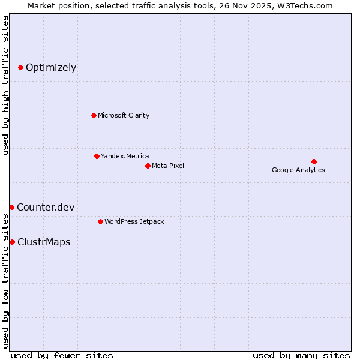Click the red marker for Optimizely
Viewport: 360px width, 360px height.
pos(20,67)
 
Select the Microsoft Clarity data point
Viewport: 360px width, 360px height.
pos(94,115)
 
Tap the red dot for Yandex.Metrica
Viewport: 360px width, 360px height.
pos(97,156)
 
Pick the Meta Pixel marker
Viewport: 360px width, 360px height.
pos(148,166)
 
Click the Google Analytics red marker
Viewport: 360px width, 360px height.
pos(314,161)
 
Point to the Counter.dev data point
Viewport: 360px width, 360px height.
pos(11,207)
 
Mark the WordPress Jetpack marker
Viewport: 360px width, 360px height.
pos(100,221)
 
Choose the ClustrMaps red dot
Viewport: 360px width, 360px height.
pos(12,242)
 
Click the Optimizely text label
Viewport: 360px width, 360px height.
pos(51,67)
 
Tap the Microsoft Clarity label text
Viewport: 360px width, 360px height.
pos(124,115)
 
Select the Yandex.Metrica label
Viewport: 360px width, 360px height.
pos(125,156)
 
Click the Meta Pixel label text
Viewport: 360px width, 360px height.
pos(168,166)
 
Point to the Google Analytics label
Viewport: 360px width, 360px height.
pos(298,170)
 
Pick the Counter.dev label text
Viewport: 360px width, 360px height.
pos(46,207)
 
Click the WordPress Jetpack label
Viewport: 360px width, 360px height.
pos(134,221)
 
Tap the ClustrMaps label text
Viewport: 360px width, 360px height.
pos(44,242)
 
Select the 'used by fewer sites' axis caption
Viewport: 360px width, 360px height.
pos(62,355)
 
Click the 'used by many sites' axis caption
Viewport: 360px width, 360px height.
pos(301,355)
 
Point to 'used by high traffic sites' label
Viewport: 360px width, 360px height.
pos(5,85)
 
